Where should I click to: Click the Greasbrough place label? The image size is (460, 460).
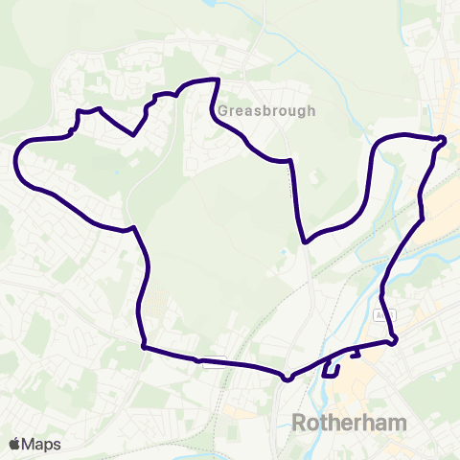(x=266, y=110)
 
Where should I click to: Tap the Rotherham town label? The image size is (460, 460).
(x=349, y=423)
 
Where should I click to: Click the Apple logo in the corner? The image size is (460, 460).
(x=14, y=444)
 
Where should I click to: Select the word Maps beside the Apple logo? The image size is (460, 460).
(x=41, y=444)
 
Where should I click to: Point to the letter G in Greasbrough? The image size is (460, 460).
(x=222, y=110)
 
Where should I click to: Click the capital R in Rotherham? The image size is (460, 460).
(x=298, y=423)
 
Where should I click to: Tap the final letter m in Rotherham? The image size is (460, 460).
(x=397, y=423)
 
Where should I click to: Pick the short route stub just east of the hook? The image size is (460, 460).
(x=356, y=355)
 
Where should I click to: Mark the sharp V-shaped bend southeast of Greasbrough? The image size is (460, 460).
(x=304, y=241)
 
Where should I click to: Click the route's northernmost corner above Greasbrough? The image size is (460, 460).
(x=219, y=80)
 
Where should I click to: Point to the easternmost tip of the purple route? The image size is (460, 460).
(x=446, y=140)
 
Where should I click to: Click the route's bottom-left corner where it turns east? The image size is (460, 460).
(x=144, y=346)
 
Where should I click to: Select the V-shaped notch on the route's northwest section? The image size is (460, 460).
(x=133, y=134)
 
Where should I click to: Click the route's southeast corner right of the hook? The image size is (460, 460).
(x=394, y=340)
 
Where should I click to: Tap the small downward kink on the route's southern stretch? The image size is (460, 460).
(x=287, y=378)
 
